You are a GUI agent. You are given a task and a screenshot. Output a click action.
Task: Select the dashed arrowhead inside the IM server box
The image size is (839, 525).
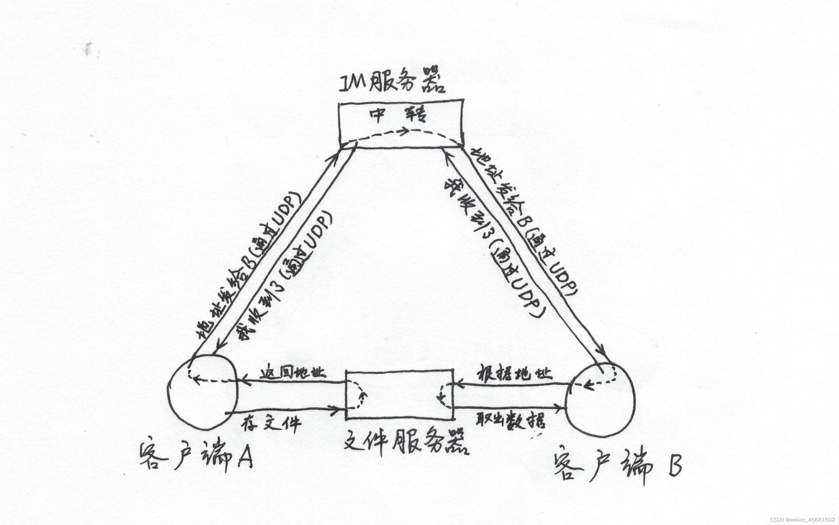(x=404, y=131)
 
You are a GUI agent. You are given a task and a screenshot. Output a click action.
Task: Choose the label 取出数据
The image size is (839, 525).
(x=510, y=420)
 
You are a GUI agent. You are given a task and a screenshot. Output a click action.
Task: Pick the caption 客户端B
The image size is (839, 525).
(x=618, y=465)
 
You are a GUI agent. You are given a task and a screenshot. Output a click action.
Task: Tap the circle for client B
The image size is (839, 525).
(x=600, y=399)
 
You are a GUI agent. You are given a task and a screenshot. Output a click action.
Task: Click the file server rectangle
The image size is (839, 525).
(x=400, y=394)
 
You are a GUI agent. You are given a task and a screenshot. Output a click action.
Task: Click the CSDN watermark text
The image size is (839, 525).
(x=802, y=520)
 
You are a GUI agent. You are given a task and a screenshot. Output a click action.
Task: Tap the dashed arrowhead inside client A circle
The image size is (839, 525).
(x=195, y=380)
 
